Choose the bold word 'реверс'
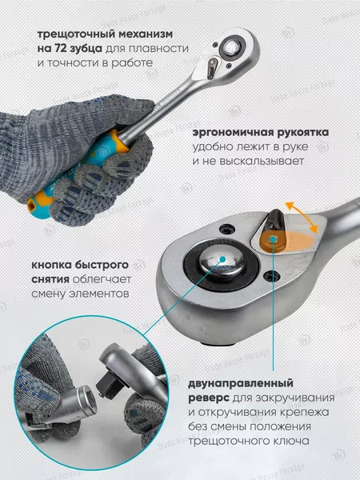[208, 398]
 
